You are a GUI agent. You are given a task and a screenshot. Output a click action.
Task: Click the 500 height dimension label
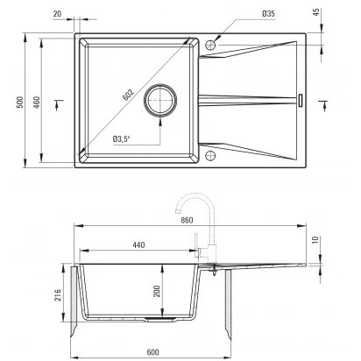pos(20,103)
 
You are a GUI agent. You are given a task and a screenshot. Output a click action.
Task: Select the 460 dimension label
pos(37,103)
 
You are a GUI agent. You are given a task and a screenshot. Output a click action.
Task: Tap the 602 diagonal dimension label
pos(128,95)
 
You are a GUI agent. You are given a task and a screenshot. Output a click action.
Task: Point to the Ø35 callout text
pos(268,13)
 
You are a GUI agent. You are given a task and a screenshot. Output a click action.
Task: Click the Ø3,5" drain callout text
pos(121,139)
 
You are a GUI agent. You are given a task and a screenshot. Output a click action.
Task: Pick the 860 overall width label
pos(187,220)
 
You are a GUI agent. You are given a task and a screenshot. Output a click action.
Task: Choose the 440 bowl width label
pos(138,244)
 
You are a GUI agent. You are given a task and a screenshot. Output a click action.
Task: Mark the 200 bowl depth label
pos(157,291)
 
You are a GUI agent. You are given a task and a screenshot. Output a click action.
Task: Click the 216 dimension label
pos(58,295)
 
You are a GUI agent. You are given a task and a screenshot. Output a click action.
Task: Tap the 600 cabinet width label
pos(152,352)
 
